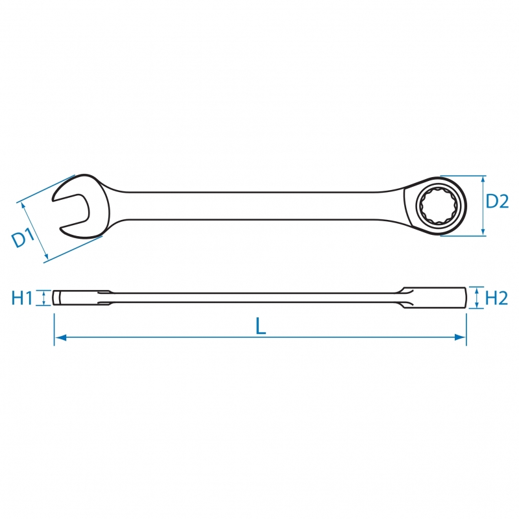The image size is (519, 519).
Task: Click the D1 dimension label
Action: pos(23,238)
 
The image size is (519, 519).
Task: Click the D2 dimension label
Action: pos(497,201)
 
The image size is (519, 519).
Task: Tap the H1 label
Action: pos(22,298)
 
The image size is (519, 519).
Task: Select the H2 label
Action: pos(496,298)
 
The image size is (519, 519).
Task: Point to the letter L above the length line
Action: pos(261,326)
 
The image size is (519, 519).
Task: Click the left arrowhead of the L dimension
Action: pos(60,337)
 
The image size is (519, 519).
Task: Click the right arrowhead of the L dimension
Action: pos(461,337)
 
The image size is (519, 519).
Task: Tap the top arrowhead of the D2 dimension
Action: pos(483,180)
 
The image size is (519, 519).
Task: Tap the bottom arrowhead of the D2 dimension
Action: pos(483,232)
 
